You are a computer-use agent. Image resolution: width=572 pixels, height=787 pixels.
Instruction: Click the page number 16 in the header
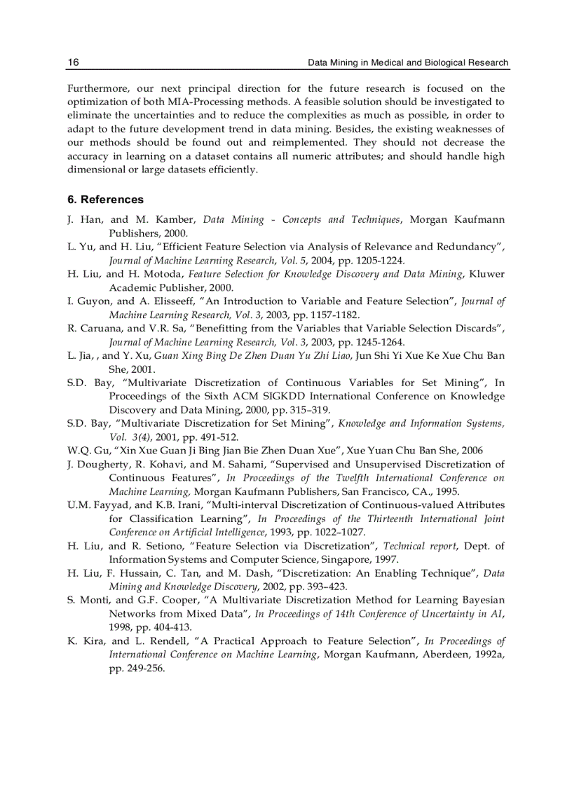[73, 62]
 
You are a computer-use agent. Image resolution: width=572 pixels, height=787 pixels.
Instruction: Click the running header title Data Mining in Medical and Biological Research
[409, 62]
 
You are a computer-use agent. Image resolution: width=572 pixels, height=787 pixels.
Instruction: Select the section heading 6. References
[105, 200]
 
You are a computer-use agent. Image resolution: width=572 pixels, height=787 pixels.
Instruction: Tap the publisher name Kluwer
[487, 274]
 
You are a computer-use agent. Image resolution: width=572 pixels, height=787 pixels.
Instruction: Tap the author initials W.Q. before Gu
[79, 451]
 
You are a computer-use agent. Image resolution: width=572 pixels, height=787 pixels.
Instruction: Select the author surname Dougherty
[107, 464]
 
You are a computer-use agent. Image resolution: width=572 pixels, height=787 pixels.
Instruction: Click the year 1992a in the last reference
[489, 655]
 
